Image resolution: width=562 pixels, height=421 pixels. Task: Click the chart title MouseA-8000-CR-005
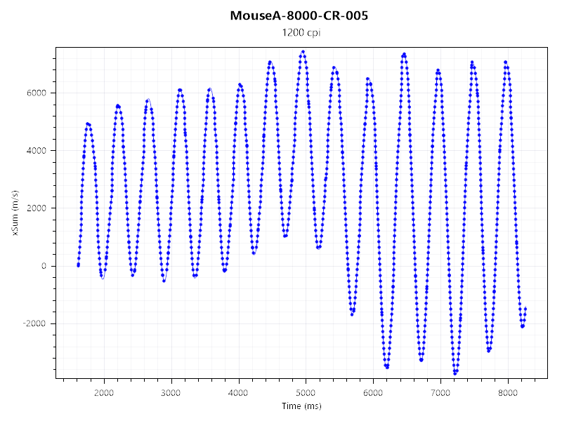[x=299, y=15]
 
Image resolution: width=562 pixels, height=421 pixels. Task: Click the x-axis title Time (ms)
[x=301, y=406]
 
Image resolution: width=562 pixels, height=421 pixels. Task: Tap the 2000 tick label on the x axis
[x=104, y=392]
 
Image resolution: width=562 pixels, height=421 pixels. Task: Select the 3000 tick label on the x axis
[x=171, y=392]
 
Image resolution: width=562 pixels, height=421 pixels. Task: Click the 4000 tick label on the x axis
[x=239, y=392]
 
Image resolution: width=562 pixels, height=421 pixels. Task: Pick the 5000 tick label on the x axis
[x=306, y=392]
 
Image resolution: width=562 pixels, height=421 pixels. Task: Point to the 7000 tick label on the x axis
[x=441, y=392]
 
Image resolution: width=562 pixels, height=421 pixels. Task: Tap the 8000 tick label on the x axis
[x=509, y=392]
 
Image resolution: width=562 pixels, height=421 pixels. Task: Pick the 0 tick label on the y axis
[x=44, y=266]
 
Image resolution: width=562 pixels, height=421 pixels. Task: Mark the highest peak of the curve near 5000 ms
[x=303, y=51]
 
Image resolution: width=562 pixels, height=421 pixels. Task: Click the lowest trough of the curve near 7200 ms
[x=455, y=373]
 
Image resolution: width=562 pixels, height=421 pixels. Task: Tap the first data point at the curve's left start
[x=78, y=265]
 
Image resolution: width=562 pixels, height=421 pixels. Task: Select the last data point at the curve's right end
[x=525, y=309]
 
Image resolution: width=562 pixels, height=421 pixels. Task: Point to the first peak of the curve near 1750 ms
[x=89, y=123]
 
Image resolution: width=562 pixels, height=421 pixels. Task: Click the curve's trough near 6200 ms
[x=386, y=366]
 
